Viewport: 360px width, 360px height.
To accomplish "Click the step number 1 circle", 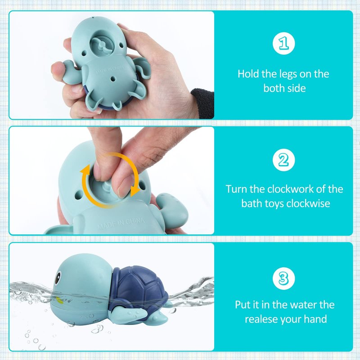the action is (x=283, y=43).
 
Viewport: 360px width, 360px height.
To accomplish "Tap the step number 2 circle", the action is (x=283, y=160).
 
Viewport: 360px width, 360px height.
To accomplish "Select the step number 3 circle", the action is (x=283, y=278).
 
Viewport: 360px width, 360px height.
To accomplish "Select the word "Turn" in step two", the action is (x=236, y=189).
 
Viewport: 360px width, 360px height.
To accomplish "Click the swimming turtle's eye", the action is (x=58, y=277).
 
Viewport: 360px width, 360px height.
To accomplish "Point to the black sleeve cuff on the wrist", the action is (x=203, y=103).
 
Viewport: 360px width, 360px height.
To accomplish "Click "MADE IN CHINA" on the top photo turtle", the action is (x=110, y=70).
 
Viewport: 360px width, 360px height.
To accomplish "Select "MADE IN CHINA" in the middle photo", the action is (x=121, y=223).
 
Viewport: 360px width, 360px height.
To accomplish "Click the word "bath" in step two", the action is (x=252, y=203).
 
